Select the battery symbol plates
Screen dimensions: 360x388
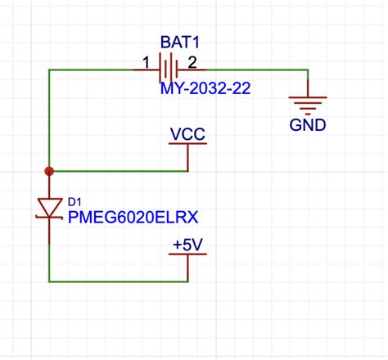(169, 70)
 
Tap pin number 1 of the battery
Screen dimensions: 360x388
(146, 61)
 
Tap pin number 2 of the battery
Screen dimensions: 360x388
(192, 61)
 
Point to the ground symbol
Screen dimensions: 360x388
(308, 103)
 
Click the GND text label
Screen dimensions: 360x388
(308, 125)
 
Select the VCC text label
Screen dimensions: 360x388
(187, 133)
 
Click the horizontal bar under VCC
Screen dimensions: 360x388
(187, 143)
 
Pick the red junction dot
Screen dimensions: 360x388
(49, 171)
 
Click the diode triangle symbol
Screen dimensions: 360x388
(49, 208)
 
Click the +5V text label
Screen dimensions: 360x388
(187, 244)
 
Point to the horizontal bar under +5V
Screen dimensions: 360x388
(187, 254)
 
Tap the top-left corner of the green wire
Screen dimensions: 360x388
(49, 70)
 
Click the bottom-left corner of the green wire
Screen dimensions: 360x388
(49, 281)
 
